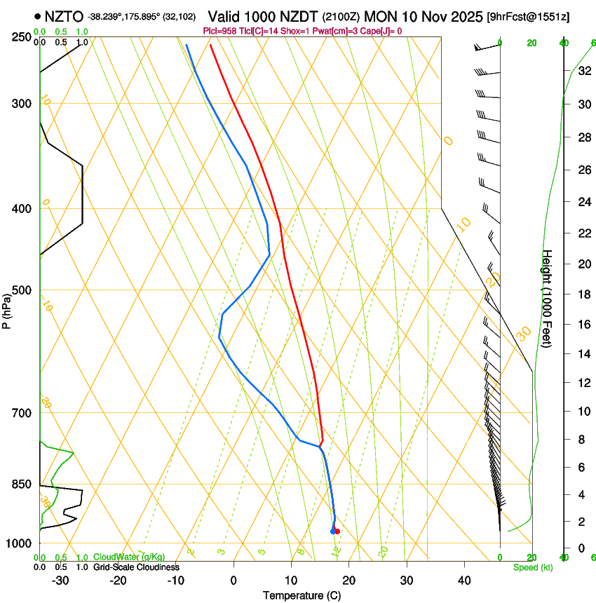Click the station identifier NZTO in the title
(x=64, y=16)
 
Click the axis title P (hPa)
(x=7, y=309)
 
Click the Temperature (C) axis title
(x=302, y=595)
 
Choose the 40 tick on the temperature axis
(x=464, y=581)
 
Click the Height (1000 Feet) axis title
(x=548, y=305)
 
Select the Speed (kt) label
(x=532, y=567)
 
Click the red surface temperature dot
(x=337, y=531)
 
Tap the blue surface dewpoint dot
(x=332, y=531)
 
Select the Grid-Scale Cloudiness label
(x=136, y=567)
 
